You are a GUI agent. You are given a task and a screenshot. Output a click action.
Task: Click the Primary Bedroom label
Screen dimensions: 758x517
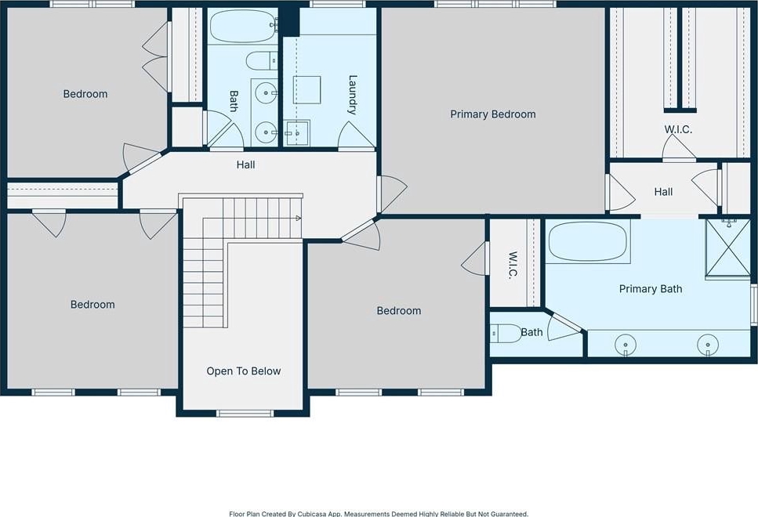pyautogui.click(x=492, y=114)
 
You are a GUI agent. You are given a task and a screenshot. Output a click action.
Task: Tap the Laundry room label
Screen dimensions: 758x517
pyautogui.click(x=353, y=95)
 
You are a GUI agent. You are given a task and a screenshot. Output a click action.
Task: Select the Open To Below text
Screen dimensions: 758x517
pyautogui.click(x=244, y=371)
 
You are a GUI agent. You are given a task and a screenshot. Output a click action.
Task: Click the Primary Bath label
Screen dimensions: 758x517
pyautogui.click(x=651, y=289)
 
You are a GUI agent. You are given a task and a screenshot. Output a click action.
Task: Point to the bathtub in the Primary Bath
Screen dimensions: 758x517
pyautogui.click(x=589, y=241)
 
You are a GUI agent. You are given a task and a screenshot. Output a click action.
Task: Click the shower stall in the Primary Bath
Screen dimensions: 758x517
pyautogui.click(x=728, y=248)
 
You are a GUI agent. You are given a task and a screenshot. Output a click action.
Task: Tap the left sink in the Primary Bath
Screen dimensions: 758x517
pyautogui.click(x=626, y=345)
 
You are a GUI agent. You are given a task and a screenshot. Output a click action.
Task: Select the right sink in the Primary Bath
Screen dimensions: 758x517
pyautogui.click(x=708, y=345)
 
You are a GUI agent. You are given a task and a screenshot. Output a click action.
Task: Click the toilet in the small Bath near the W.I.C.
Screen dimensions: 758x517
pyautogui.click(x=506, y=333)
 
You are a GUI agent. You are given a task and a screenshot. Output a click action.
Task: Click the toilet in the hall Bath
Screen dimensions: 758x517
pyautogui.click(x=262, y=61)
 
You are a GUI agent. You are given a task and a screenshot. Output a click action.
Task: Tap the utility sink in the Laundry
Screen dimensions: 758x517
pyautogui.click(x=296, y=133)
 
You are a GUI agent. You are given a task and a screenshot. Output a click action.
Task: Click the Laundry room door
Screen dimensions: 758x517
pyautogui.click(x=357, y=136)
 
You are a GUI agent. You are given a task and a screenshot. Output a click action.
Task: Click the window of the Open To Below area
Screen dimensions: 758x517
pyautogui.click(x=245, y=413)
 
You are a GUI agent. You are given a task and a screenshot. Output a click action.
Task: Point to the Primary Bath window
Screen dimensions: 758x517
pyautogui.click(x=753, y=305)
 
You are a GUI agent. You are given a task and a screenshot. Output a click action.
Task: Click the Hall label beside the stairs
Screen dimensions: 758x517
pyautogui.click(x=245, y=164)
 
